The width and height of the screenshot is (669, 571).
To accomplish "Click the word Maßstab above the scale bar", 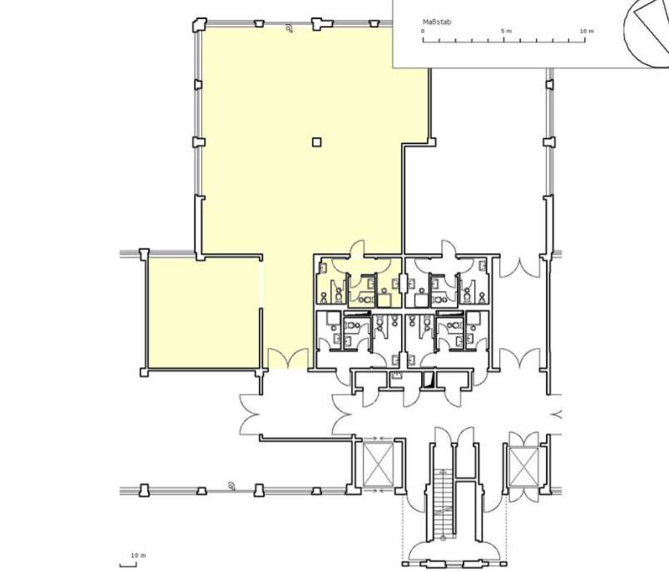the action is (x=437, y=22).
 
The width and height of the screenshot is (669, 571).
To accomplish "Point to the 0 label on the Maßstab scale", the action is (x=423, y=31).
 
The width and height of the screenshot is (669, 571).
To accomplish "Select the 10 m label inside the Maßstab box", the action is (x=587, y=31).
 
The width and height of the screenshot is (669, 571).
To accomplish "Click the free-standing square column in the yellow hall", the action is (x=316, y=142).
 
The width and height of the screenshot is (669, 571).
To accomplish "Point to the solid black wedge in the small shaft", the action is (x=429, y=380).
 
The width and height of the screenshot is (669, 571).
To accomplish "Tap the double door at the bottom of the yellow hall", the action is (x=288, y=359).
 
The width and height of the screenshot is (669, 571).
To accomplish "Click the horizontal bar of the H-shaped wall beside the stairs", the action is (x=465, y=479).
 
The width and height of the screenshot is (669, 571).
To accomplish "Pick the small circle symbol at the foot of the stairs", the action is (x=443, y=538).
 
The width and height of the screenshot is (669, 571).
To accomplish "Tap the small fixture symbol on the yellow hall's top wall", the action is (x=290, y=28).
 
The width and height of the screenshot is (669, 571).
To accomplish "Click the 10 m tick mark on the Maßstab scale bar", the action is (x=586, y=40).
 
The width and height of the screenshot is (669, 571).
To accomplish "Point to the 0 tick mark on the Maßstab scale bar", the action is (x=423, y=40).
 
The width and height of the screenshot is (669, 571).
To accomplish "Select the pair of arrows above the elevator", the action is (x=378, y=439).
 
